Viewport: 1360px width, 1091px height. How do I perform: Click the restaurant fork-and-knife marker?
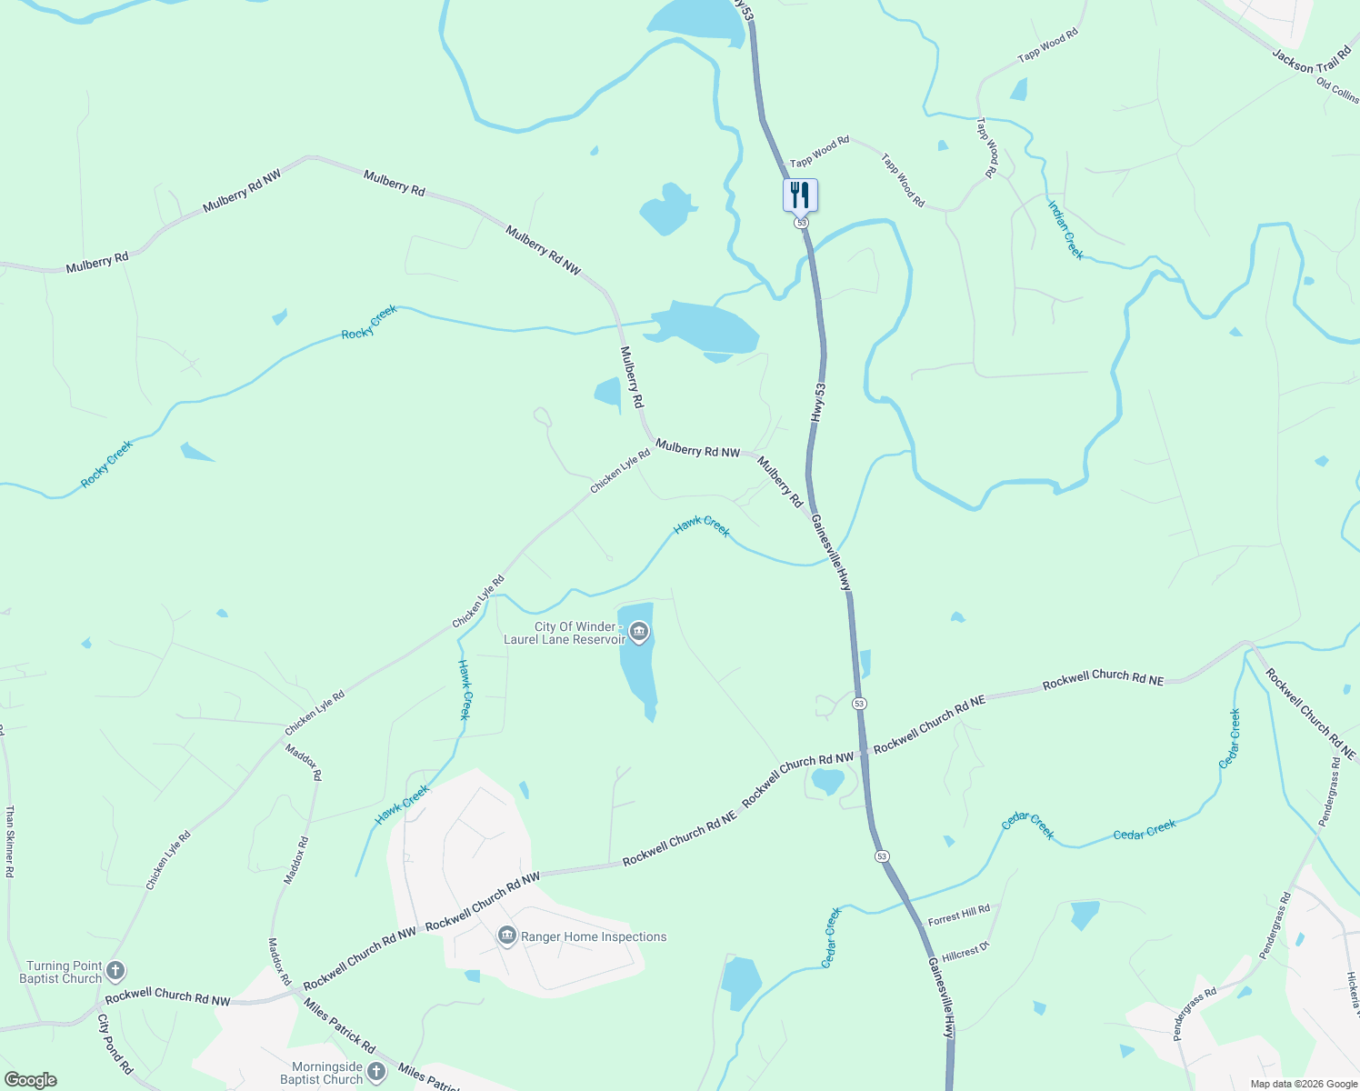click(800, 195)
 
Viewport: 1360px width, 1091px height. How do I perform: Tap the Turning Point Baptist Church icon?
click(115, 971)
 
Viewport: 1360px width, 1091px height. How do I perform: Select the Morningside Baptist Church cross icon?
click(376, 1072)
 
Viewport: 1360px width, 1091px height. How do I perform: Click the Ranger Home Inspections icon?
click(507, 936)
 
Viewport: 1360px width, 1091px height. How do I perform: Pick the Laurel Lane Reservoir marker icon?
click(639, 632)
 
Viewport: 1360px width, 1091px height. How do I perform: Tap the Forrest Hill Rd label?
click(959, 915)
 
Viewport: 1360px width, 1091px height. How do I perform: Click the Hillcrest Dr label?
click(965, 953)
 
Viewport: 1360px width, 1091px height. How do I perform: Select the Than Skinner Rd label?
click(10, 841)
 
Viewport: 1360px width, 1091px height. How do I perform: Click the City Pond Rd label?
click(115, 1045)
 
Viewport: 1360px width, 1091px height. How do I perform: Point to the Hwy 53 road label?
click(819, 401)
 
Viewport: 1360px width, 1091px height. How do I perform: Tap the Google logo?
click(31, 1080)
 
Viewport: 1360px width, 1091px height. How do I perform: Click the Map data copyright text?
click(1303, 1084)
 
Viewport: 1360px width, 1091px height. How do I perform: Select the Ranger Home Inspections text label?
click(594, 936)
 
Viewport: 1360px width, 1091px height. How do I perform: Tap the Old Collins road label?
click(1337, 89)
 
